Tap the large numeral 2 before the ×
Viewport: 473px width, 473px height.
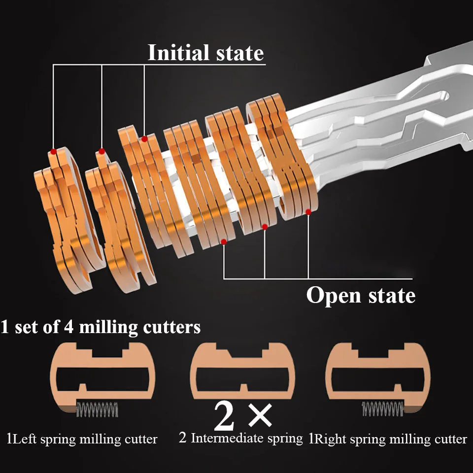coord(224,417)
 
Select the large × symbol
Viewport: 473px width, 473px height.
coord(260,416)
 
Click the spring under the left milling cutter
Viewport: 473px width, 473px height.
coord(97,409)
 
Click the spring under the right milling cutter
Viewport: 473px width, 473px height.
coord(382,409)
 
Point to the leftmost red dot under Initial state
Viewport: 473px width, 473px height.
coord(53,151)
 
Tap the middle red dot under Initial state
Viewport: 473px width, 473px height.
coord(101,151)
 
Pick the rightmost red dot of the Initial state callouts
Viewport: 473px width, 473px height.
coord(144,139)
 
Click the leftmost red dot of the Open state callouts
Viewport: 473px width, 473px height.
coord(224,241)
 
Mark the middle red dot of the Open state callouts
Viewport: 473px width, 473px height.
coord(265,227)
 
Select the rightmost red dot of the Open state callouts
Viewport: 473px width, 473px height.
coord(308,212)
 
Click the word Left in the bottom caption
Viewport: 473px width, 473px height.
coord(25,439)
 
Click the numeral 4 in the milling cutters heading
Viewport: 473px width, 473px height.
coord(69,327)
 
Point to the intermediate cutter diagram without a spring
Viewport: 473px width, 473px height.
coord(242,371)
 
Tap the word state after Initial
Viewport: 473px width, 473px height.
coord(240,53)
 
